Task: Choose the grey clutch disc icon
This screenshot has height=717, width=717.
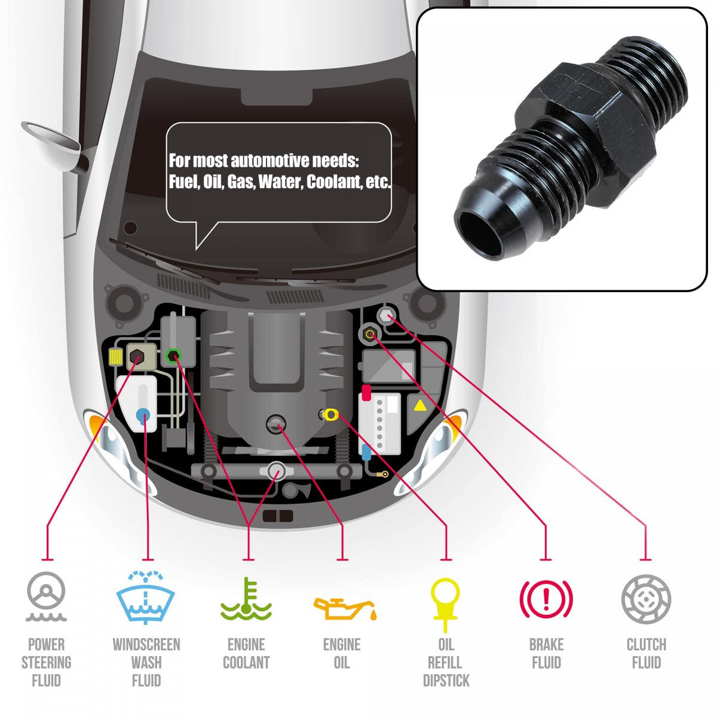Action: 646,599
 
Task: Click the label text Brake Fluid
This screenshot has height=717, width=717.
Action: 546,654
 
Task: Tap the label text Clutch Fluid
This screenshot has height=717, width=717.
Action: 646,654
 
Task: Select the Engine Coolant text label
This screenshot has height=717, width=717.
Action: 246,654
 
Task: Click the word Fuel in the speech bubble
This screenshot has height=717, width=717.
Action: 182,182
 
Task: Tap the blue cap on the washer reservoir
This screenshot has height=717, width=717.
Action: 143,414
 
